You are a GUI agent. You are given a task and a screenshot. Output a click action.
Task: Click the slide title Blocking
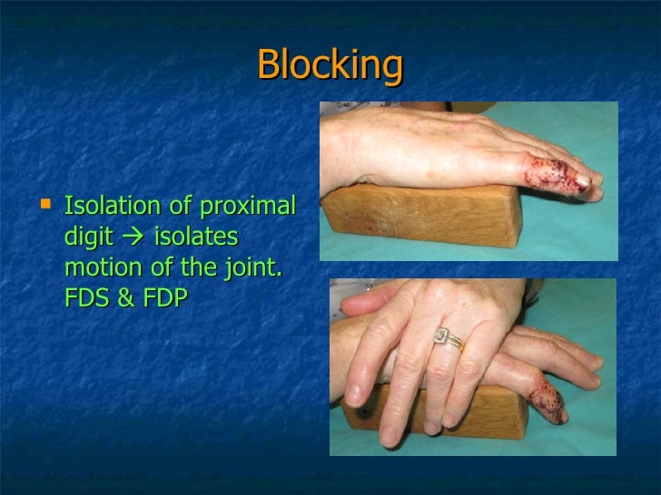[x=330, y=65]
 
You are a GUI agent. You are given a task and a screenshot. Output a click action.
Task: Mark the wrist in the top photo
[x=350, y=145]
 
